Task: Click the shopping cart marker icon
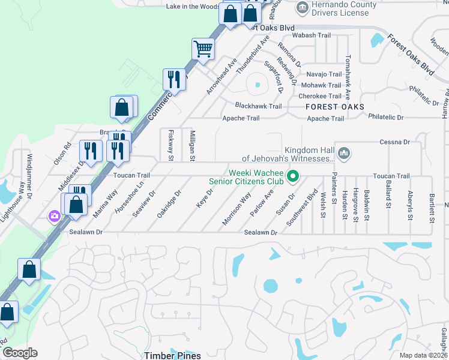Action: pos(203,48)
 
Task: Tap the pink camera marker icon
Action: pos(55,215)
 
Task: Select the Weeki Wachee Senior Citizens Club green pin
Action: pos(293,176)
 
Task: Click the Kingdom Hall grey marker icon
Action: pos(343,154)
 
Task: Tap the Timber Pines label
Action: pos(172,355)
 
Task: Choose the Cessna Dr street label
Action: pos(394,142)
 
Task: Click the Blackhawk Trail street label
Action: pos(258,106)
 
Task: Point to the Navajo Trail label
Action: pos(324,74)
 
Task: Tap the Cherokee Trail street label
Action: pos(320,96)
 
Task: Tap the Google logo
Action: pos(19,353)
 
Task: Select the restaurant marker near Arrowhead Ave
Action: pos(173,78)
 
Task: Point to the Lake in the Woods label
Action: pos(192,7)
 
